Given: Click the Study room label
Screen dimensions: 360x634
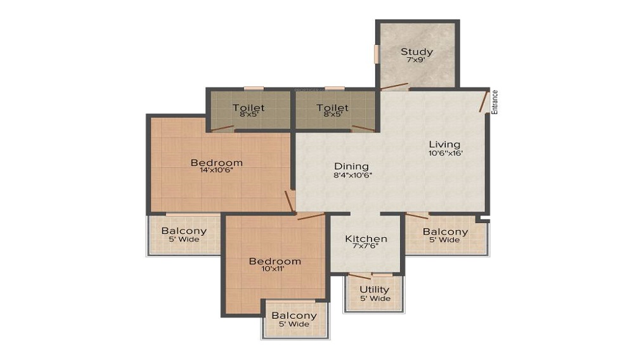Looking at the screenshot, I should [x=417, y=51].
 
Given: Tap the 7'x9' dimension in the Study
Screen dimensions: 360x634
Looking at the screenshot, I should [x=417, y=60].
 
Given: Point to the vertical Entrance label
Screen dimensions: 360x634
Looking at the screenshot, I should [x=495, y=102].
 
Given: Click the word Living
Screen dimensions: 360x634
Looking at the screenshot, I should [x=444, y=145].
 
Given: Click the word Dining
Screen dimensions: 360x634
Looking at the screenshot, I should [x=352, y=166].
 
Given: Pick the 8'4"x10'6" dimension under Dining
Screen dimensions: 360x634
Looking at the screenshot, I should [x=353, y=175].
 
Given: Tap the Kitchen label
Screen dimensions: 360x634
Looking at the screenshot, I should [x=366, y=239].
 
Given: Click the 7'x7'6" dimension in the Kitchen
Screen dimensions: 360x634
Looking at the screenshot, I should [x=366, y=248].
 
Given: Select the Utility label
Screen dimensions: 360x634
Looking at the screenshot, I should [x=375, y=290].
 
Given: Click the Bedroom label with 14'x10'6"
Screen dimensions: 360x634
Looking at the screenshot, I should [x=217, y=163].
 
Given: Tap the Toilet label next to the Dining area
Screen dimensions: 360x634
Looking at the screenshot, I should [x=333, y=108].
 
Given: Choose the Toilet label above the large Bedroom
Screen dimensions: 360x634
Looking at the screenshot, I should [x=249, y=108].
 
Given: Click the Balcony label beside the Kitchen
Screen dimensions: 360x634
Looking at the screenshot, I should [x=445, y=231].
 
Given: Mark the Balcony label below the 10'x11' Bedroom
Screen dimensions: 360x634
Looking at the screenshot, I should [x=294, y=316].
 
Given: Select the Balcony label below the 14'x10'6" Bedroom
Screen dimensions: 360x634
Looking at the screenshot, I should [x=184, y=231].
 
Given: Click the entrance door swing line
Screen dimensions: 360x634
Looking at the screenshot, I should [x=484, y=101].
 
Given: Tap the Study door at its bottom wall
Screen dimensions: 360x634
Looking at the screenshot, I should [x=394, y=86].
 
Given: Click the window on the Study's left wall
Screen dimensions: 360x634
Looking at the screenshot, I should [x=377, y=54].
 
